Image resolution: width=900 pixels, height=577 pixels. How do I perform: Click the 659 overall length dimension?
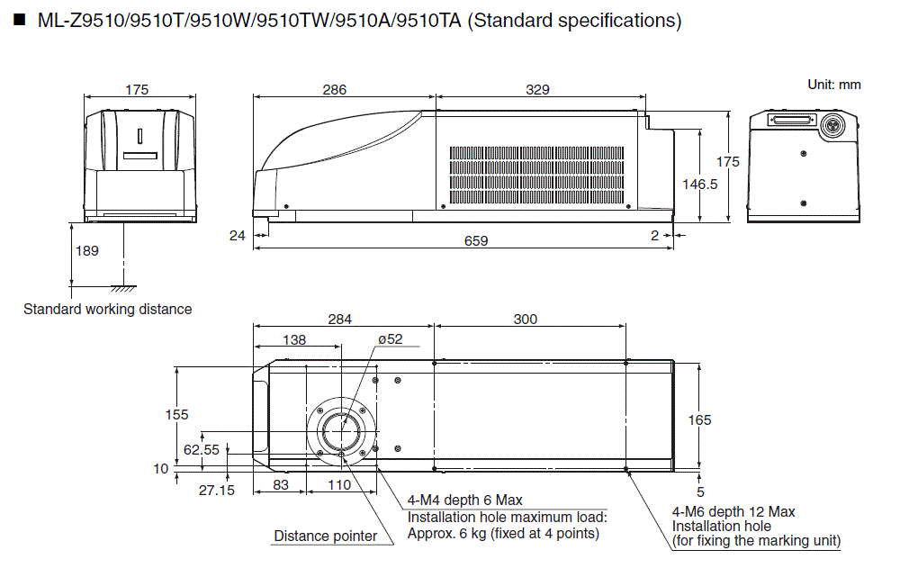point(475,241)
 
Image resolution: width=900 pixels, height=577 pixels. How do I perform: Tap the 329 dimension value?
point(537,89)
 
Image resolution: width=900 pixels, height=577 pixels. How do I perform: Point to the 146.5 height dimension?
point(699,184)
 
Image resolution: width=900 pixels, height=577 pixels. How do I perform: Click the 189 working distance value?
point(86,251)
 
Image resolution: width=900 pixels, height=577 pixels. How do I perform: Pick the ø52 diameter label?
point(390,339)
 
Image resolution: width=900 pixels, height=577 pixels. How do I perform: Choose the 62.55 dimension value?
point(201,448)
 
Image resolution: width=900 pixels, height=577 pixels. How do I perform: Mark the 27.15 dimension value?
point(215,490)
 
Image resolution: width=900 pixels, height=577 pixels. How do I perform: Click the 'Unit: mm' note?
point(833,85)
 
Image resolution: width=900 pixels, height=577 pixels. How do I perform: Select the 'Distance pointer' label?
point(325,536)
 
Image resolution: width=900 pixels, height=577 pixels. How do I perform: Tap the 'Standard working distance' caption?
point(107,309)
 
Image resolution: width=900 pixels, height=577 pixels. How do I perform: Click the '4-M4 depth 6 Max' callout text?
point(464,500)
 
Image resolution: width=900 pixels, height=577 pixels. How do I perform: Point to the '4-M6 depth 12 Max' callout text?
point(733,511)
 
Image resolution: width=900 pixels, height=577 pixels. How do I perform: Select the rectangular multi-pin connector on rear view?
point(789,120)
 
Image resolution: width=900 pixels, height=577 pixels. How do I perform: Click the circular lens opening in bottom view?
point(342,430)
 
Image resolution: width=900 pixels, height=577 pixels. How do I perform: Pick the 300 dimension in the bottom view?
point(526,319)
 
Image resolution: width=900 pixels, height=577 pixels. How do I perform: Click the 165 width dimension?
point(699,419)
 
